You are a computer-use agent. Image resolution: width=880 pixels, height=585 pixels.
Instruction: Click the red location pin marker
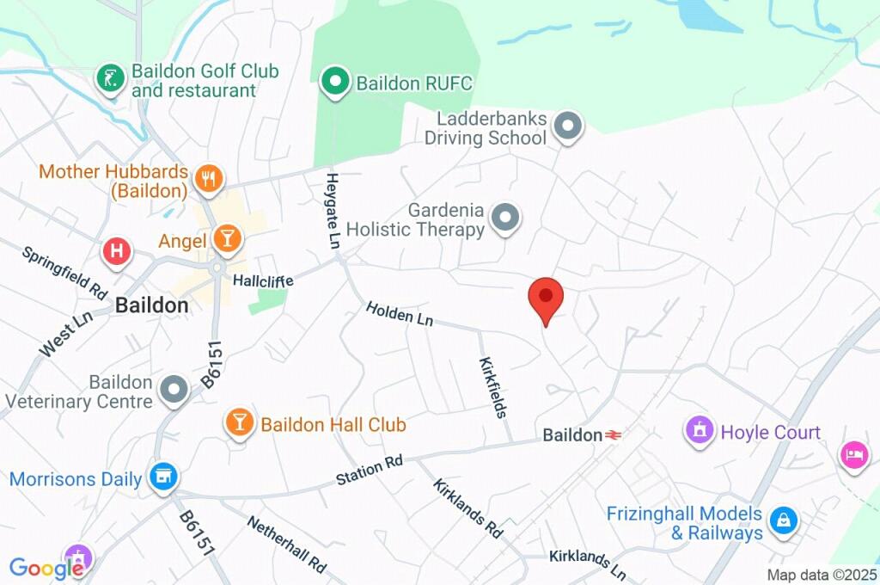[545, 298]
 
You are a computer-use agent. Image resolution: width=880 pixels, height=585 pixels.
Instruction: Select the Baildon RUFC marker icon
[335, 83]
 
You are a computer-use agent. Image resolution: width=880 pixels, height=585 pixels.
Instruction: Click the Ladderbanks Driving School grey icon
[567, 127]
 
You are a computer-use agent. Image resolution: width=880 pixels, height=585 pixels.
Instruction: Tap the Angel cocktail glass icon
[228, 240]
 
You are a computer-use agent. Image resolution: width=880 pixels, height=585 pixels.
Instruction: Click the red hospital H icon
[117, 252]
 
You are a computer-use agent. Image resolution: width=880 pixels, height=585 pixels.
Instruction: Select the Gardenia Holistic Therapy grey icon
[505, 219]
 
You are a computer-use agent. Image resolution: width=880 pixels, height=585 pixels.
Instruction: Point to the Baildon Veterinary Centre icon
[175, 391]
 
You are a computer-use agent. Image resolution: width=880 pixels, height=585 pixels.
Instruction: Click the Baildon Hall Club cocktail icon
[239, 422]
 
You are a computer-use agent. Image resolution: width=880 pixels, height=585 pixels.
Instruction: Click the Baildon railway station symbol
[614, 435]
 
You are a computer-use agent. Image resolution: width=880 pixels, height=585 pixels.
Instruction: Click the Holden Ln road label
[400, 313]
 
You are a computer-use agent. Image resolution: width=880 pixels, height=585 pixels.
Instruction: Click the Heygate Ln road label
[332, 211]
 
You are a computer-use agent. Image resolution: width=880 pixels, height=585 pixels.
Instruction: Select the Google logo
[46, 568]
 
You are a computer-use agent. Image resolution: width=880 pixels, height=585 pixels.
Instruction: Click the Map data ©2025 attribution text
[822, 575]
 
